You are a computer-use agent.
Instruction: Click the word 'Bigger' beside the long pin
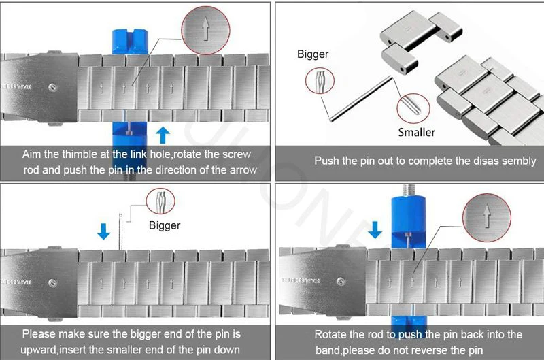[x=313, y=54]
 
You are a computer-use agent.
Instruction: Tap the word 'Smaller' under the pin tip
[x=416, y=131]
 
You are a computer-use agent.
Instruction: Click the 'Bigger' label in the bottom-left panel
[x=164, y=225]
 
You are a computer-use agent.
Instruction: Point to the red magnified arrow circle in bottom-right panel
[x=486, y=216]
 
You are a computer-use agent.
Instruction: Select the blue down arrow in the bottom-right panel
[x=375, y=231]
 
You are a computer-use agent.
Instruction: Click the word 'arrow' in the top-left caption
[x=243, y=169]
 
